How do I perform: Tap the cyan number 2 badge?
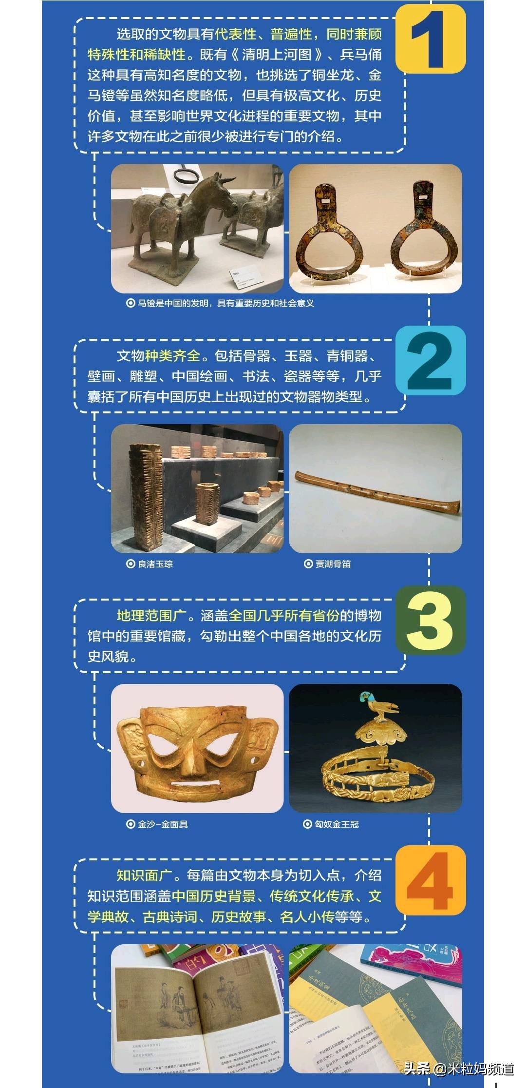tap(431, 361)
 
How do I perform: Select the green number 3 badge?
tap(431, 620)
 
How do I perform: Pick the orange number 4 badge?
tap(431, 880)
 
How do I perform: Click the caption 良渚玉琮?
tap(154, 564)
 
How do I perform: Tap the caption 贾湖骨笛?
tap(333, 564)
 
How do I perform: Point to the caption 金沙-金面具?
tap(162, 824)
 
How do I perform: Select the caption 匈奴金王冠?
tap(336, 824)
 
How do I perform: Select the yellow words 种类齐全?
tap(173, 356)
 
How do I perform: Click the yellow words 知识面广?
tap(144, 875)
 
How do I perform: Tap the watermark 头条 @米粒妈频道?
tap(458, 1069)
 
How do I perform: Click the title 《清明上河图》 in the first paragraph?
tap(277, 55)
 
